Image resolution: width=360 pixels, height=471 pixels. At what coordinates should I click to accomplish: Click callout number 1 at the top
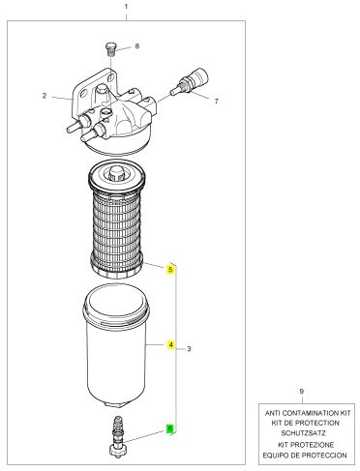[126, 7]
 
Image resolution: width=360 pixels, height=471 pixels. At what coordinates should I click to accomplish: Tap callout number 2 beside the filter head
[45, 96]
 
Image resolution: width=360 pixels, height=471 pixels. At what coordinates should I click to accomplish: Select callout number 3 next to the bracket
[189, 349]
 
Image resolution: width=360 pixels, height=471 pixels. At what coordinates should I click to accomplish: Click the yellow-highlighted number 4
[170, 344]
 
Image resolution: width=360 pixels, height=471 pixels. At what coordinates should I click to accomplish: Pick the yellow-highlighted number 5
[170, 269]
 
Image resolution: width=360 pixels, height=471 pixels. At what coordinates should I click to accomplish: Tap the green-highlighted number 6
[170, 428]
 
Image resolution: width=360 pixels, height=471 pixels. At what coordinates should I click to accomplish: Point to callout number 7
[217, 102]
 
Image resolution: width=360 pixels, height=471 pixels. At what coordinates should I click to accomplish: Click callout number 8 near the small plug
[137, 46]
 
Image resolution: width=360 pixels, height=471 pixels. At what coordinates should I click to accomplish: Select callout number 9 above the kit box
[302, 392]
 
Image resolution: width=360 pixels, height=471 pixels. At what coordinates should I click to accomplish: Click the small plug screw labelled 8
[110, 49]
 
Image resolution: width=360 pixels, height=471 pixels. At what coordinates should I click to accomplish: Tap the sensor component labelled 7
[190, 82]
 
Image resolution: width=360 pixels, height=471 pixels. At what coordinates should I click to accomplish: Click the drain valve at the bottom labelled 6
[117, 436]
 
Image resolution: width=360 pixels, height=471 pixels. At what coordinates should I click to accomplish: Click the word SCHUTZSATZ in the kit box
[303, 433]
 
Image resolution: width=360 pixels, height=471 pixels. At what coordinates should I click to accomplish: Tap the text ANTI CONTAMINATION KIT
[308, 413]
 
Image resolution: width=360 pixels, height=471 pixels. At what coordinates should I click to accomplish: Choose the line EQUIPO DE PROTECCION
[305, 456]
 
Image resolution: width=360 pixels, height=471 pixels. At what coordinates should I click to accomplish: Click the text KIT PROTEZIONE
[306, 445]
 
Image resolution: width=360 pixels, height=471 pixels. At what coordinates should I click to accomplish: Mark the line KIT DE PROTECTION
[306, 423]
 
